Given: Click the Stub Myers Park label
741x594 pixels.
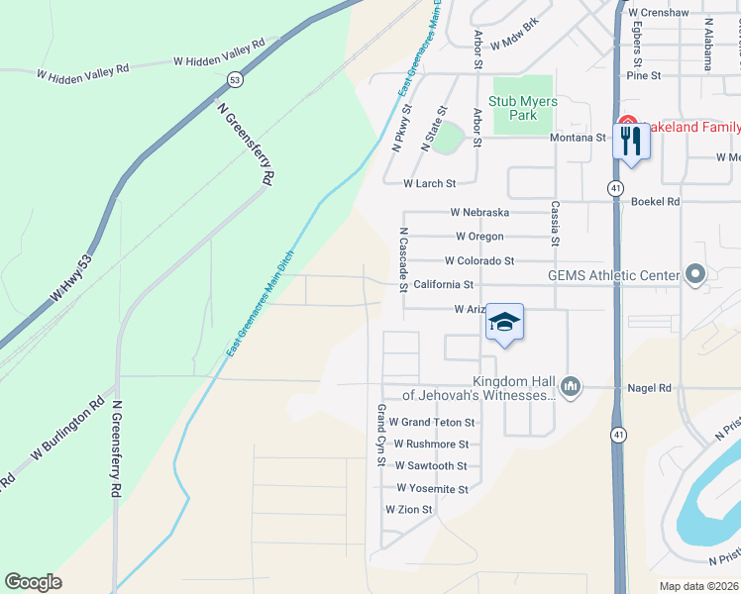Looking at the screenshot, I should (523, 108).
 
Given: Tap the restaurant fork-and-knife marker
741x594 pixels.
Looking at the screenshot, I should (631, 142).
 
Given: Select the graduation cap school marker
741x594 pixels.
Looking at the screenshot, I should (504, 323).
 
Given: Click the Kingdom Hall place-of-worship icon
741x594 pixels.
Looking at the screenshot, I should (570, 387).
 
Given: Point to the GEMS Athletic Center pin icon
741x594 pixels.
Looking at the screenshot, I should (695, 274).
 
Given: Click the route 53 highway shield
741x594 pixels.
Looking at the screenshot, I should (234, 78).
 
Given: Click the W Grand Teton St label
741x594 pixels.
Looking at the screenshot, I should (432, 423).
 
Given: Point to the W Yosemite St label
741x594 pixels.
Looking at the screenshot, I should (432, 489).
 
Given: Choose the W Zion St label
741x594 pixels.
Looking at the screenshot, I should (409, 510).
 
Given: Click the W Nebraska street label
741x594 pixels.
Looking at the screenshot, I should (479, 213).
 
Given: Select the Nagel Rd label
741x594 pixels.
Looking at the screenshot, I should (650, 389).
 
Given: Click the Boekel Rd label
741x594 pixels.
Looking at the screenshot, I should (655, 202).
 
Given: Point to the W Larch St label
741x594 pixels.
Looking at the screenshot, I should (429, 184).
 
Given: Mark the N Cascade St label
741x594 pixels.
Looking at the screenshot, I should (404, 260).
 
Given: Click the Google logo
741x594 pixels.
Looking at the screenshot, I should (33, 582).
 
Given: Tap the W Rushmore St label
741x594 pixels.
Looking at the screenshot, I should (430, 445).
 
